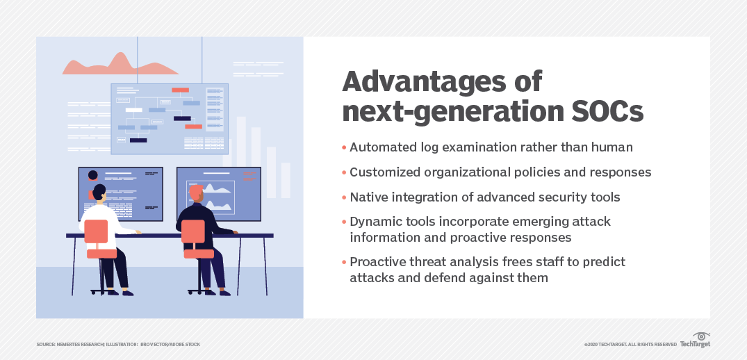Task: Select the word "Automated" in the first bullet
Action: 384,147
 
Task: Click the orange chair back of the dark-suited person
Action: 193,231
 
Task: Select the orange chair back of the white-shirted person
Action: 97,231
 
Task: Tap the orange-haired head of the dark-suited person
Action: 196,192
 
